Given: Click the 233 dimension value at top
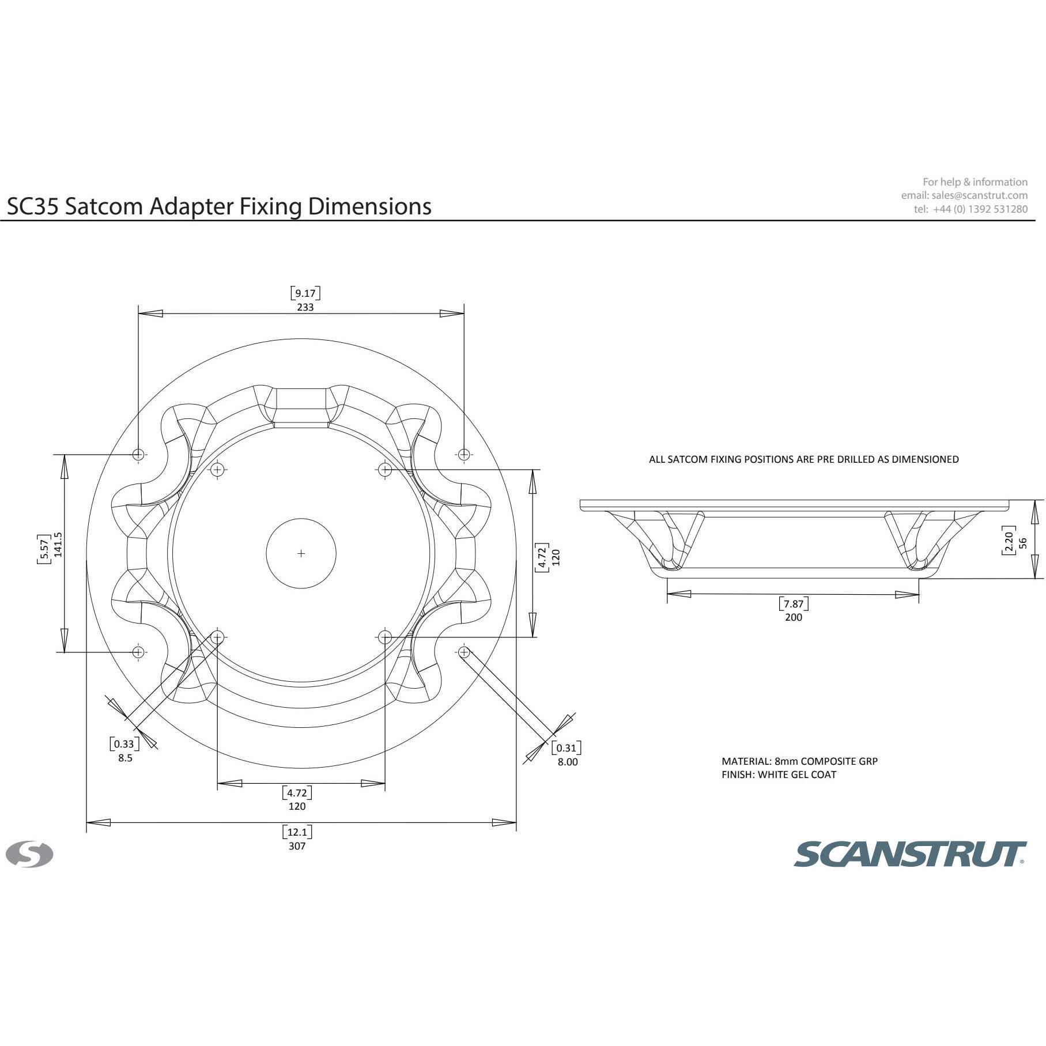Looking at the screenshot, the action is pos(305,307).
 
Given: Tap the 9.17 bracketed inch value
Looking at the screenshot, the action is pos(305,293).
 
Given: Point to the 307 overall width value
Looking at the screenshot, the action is pos(297,846).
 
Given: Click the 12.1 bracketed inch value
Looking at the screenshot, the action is pos(297,832).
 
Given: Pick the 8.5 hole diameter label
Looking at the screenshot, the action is pos(125,758).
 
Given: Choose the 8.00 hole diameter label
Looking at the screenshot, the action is pos(567,762).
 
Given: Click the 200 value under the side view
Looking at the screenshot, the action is pos(794,617).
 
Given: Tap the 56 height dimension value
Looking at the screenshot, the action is pos(1023,542).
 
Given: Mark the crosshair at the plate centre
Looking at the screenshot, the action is pos(301,553).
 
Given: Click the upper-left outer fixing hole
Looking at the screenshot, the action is pos(138,454).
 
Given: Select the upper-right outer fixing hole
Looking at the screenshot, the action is pos(464,454).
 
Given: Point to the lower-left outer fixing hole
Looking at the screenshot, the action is pos(138,652).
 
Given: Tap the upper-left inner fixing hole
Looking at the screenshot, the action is pos(217,470).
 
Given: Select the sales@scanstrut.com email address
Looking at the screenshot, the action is pos(979,195).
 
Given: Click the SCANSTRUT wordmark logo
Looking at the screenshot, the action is pos(910,854).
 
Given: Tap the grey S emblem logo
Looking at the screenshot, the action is pos(29,854).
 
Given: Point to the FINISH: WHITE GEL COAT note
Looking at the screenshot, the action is pos(779,775).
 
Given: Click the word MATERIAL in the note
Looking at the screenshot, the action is pos(746,761).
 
